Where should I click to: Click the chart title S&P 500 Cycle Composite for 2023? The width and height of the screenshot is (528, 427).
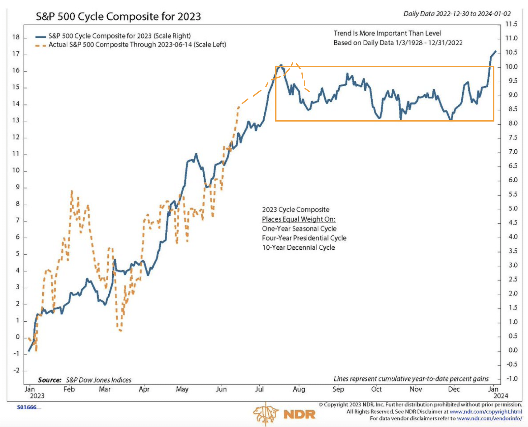point(118,16)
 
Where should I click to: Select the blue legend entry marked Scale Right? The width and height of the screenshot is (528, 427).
point(120,36)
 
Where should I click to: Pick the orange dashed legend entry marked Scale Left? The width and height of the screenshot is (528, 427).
point(137,45)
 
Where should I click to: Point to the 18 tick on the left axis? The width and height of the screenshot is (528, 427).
point(16,37)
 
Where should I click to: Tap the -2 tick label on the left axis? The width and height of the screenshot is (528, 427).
point(16,370)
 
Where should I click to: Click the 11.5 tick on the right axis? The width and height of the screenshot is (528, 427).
point(511,24)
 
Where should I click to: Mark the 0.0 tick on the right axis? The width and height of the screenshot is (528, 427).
point(513,350)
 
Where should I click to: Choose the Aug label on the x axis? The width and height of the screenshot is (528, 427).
point(299,389)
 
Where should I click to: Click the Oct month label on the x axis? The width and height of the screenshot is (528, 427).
point(376,389)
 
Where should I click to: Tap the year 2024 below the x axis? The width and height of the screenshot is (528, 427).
point(501,396)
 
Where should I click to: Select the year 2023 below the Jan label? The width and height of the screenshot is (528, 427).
point(37,396)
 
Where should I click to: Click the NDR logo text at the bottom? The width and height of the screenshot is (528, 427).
point(299,414)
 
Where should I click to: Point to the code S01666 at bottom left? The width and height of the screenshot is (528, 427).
point(27,407)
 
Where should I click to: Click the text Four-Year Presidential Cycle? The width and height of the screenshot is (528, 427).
point(304,238)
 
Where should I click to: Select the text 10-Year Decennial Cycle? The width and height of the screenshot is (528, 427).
point(299,247)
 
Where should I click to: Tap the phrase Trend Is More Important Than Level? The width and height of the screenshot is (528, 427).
point(387,33)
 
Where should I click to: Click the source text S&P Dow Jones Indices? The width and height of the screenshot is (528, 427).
point(99,380)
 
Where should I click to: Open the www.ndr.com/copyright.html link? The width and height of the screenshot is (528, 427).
point(486,412)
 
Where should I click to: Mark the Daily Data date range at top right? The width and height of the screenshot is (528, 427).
point(457,14)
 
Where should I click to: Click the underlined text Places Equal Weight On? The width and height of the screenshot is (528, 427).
point(299,219)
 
